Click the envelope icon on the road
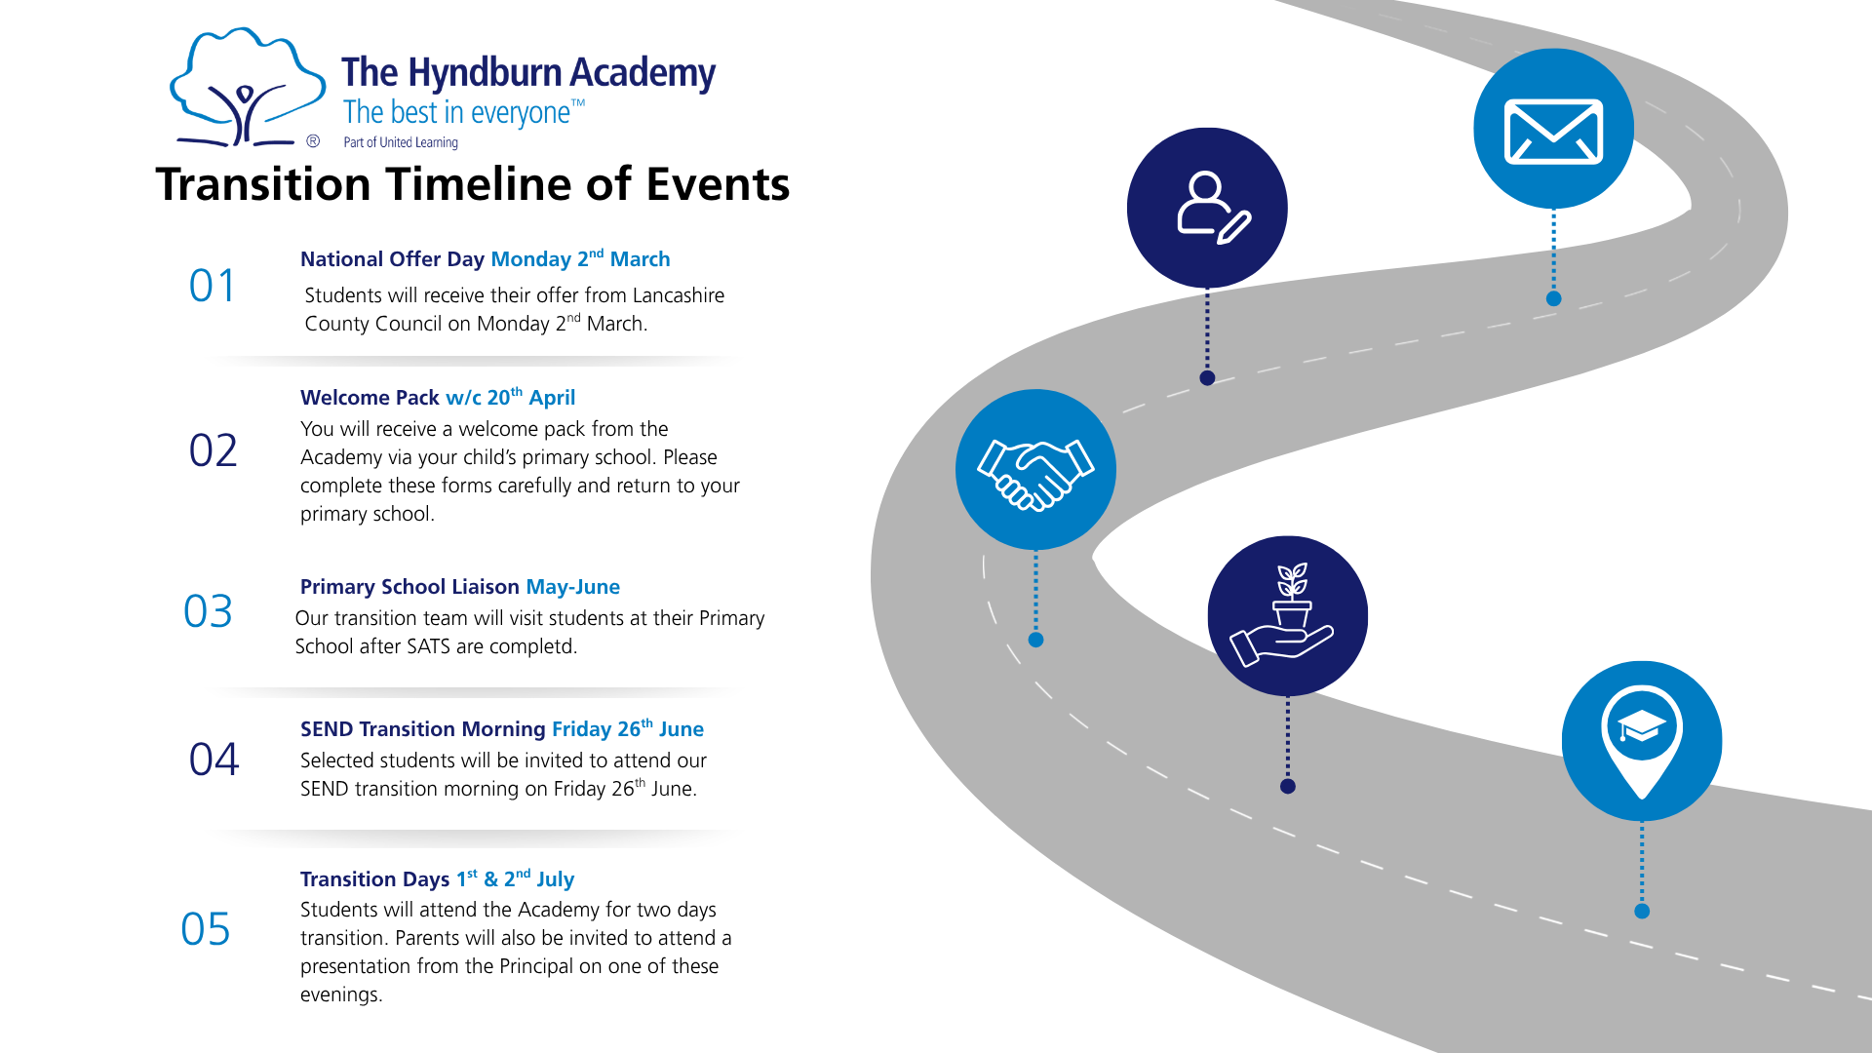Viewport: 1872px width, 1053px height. (x=1553, y=131)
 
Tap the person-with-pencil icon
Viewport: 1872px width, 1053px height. (x=1208, y=207)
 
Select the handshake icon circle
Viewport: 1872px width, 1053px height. (x=1035, y=470)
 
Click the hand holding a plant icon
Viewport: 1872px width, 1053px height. (x=1287, y=615)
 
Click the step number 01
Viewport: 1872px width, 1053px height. (x=213, y=287)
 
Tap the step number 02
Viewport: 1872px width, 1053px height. (x=213, y=450)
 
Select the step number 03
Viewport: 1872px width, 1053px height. (x=208, y=612)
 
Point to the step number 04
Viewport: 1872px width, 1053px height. (x=214, y=760)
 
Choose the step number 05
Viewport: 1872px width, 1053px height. (x=206, y=929)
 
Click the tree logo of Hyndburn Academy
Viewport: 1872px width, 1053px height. (x=247, y=88)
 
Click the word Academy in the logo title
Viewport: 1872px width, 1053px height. (x=643, y=73)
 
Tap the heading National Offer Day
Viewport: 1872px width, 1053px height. (x=392, y=259)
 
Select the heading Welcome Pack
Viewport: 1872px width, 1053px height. (x=370, y=398)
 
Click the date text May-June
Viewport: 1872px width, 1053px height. (x=573, y=587)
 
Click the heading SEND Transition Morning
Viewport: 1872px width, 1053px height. (x=422, y=729)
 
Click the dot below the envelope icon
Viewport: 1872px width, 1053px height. (x=1554, y=298)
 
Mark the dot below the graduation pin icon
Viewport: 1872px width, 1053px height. (x=1642, y=911)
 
